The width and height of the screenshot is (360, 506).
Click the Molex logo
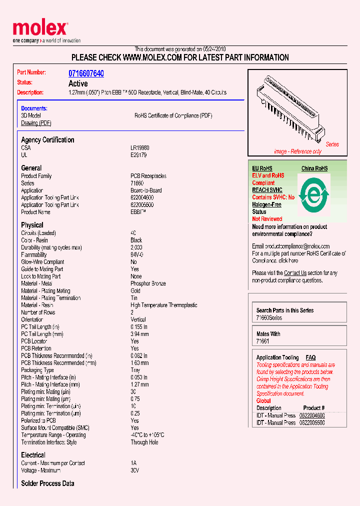[40, 28]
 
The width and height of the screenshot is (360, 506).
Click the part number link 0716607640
[86, 73]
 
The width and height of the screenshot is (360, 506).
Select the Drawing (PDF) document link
[36, 123]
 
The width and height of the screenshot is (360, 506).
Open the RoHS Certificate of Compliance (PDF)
[173, 115]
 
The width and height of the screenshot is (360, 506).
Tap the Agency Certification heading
[47, 140]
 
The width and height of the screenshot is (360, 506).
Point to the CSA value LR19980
[140, 148]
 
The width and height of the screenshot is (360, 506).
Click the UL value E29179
[138, 155]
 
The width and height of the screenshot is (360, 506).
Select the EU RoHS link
[262, 168]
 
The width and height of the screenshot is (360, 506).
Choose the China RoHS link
[314, 168]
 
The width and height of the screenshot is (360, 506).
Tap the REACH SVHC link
[267, 190]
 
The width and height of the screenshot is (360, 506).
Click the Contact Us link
[295, 273]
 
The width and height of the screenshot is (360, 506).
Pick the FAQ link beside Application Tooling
[310, 357]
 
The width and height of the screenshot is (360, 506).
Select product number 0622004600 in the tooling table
[312, 415]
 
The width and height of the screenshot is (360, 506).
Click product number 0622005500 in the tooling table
[312, 422]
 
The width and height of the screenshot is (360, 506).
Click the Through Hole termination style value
[144, 442]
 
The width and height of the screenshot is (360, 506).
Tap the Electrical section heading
[33, 455]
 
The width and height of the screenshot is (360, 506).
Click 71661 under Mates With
[262, 341]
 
